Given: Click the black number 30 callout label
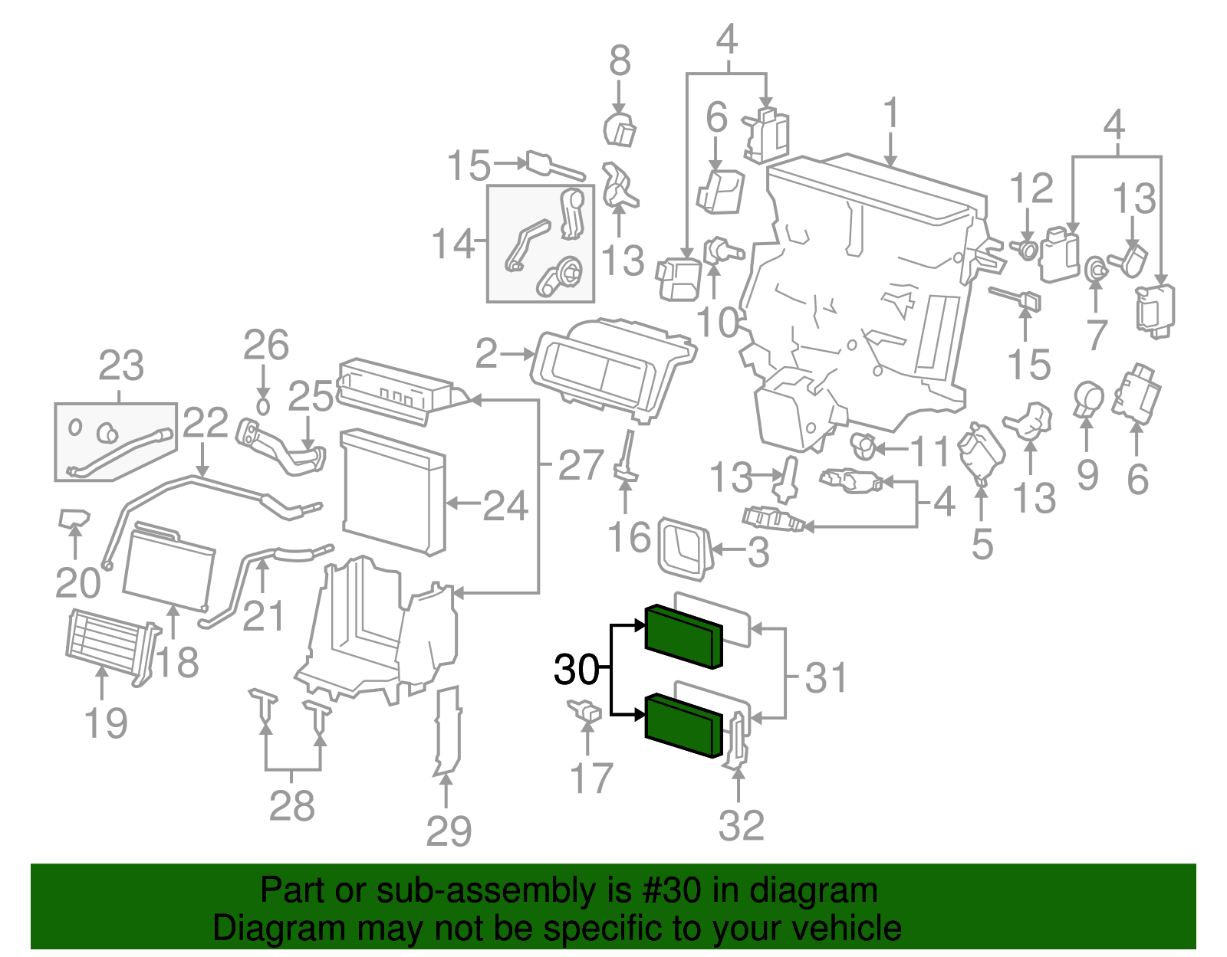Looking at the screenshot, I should pos(576,670).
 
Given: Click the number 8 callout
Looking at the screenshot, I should pos(620,61).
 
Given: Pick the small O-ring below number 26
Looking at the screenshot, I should pos(263,405).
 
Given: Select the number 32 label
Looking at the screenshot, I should pos(741,825).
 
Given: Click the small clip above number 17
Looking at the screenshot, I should pos(584,710).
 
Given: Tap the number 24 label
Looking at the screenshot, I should pos(505,506).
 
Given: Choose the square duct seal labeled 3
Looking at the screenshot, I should pos(681,549).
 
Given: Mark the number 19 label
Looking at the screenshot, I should pos(106,723).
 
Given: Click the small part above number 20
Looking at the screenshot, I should pos(74,519).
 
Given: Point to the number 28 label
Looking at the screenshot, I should pos(292,805).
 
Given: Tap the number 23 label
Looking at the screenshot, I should pos(121,365).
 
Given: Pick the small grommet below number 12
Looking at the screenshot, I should pos(1027,249).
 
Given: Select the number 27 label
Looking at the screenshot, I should pos(581,464).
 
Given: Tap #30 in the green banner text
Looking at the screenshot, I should pos(666,891).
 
